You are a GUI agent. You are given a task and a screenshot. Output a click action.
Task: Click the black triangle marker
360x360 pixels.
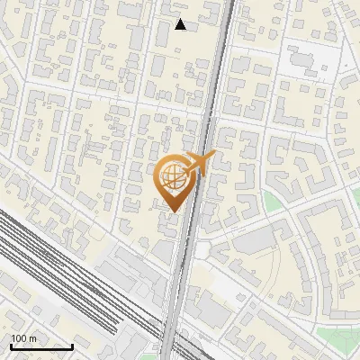coord(180,24)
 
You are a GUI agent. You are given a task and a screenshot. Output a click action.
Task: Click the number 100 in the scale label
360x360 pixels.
coord(19,338)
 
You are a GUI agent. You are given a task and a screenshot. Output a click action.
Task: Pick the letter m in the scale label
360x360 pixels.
coord(33,338)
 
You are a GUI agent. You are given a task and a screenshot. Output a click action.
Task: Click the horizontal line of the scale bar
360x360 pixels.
coord(41,346)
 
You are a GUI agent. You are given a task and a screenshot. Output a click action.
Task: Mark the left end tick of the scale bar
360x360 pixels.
coord(11,345)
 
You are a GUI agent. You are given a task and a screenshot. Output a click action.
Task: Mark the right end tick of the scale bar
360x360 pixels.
coord(72,345)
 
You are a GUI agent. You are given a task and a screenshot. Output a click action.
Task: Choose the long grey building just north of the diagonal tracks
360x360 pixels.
coord(126,270)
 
